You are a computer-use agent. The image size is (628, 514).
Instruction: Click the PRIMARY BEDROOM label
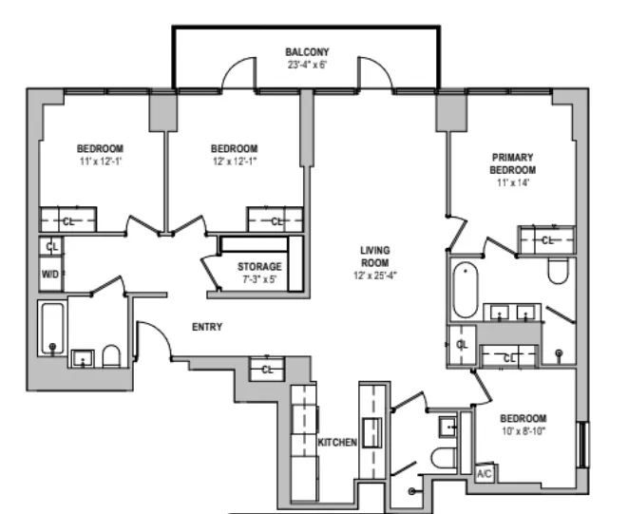coord(512,162)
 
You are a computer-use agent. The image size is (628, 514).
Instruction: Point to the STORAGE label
coord(259,267)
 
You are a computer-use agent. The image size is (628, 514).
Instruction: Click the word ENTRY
coord(207,327)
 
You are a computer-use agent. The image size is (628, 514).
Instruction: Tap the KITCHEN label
coord(336,443)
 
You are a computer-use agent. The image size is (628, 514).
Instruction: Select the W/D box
coord(50,274)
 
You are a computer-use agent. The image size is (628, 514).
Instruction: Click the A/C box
coord(484,472)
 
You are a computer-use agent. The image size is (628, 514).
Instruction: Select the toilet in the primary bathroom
coord(558,271)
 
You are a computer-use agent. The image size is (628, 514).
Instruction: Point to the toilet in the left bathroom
coord(109,356)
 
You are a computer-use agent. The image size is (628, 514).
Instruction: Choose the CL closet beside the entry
coord(268,370)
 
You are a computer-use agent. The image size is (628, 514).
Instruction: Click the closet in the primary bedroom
coord(545,240)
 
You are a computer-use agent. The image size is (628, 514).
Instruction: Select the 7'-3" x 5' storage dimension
coord(259,281)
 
